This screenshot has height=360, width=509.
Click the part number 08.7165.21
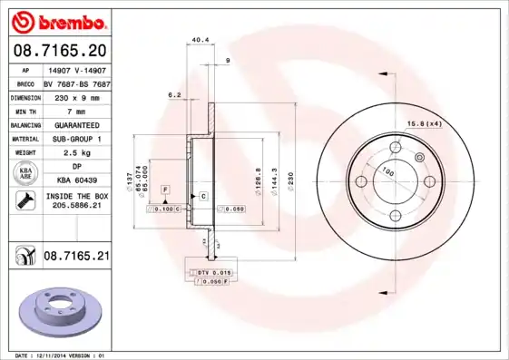tap(76, 258)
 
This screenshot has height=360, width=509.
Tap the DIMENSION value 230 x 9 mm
tap(75, 96)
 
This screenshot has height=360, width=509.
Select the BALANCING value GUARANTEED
tap(75, 124)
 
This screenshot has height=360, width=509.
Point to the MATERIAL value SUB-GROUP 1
tap(75, 138)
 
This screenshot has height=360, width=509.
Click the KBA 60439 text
tap(75, 181)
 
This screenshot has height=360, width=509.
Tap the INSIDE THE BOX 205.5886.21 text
tap(75, 201)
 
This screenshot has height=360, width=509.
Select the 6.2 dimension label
tap(175, 94)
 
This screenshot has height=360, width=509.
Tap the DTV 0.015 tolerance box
tap(210, 272)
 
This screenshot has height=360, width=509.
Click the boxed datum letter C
tap(203, 196)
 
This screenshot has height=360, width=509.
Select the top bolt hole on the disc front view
tap(395, 148)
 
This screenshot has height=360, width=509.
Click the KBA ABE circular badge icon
tap(24, 174)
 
